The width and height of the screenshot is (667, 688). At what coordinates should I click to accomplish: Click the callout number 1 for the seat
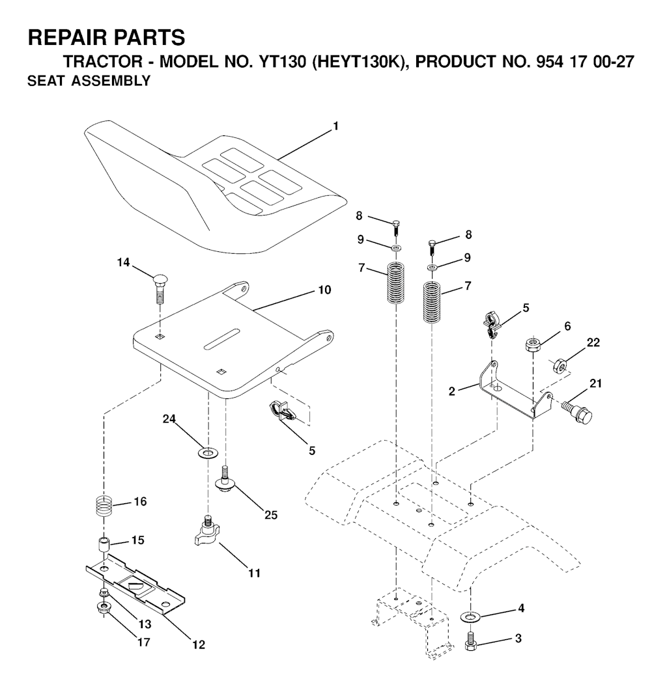(x=336, y=126)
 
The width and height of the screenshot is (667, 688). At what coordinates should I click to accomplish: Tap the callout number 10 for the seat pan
(x=324, y=290)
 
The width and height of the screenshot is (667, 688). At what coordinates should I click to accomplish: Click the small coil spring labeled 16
(x=104, y=506)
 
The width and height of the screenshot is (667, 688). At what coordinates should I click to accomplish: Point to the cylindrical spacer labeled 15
(x=104, y=545)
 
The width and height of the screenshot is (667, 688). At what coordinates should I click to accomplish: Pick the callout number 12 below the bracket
(x=199, y=644)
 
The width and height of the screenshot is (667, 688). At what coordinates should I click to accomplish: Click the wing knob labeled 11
(x=206, y=532)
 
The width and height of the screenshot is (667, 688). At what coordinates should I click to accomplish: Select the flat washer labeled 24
(x=208, y=452)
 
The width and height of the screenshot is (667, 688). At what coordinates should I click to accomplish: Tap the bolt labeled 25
(x=225, y=478)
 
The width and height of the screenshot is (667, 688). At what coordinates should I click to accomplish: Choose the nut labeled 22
(x=560, y=364)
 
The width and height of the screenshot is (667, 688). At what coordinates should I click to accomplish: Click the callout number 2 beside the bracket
(x=452, y=391)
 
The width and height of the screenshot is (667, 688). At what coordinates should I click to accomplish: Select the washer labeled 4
(x=470, y=617)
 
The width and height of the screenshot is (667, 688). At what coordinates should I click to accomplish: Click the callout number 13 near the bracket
(x=144, y=624)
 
